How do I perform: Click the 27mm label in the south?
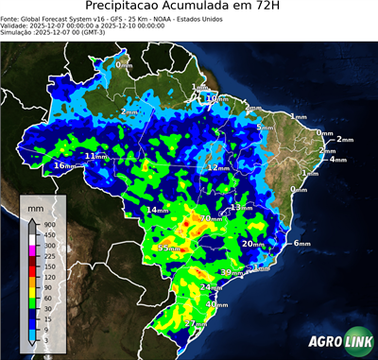click(195, 324)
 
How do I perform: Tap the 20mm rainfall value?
click(252, 244)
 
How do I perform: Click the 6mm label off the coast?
click(301, 244)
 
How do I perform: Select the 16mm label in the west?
click(64, 166)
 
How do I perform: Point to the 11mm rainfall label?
click(96, 156)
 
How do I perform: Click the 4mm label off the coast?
click(337, 159)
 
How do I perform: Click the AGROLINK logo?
click(338, 340)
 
